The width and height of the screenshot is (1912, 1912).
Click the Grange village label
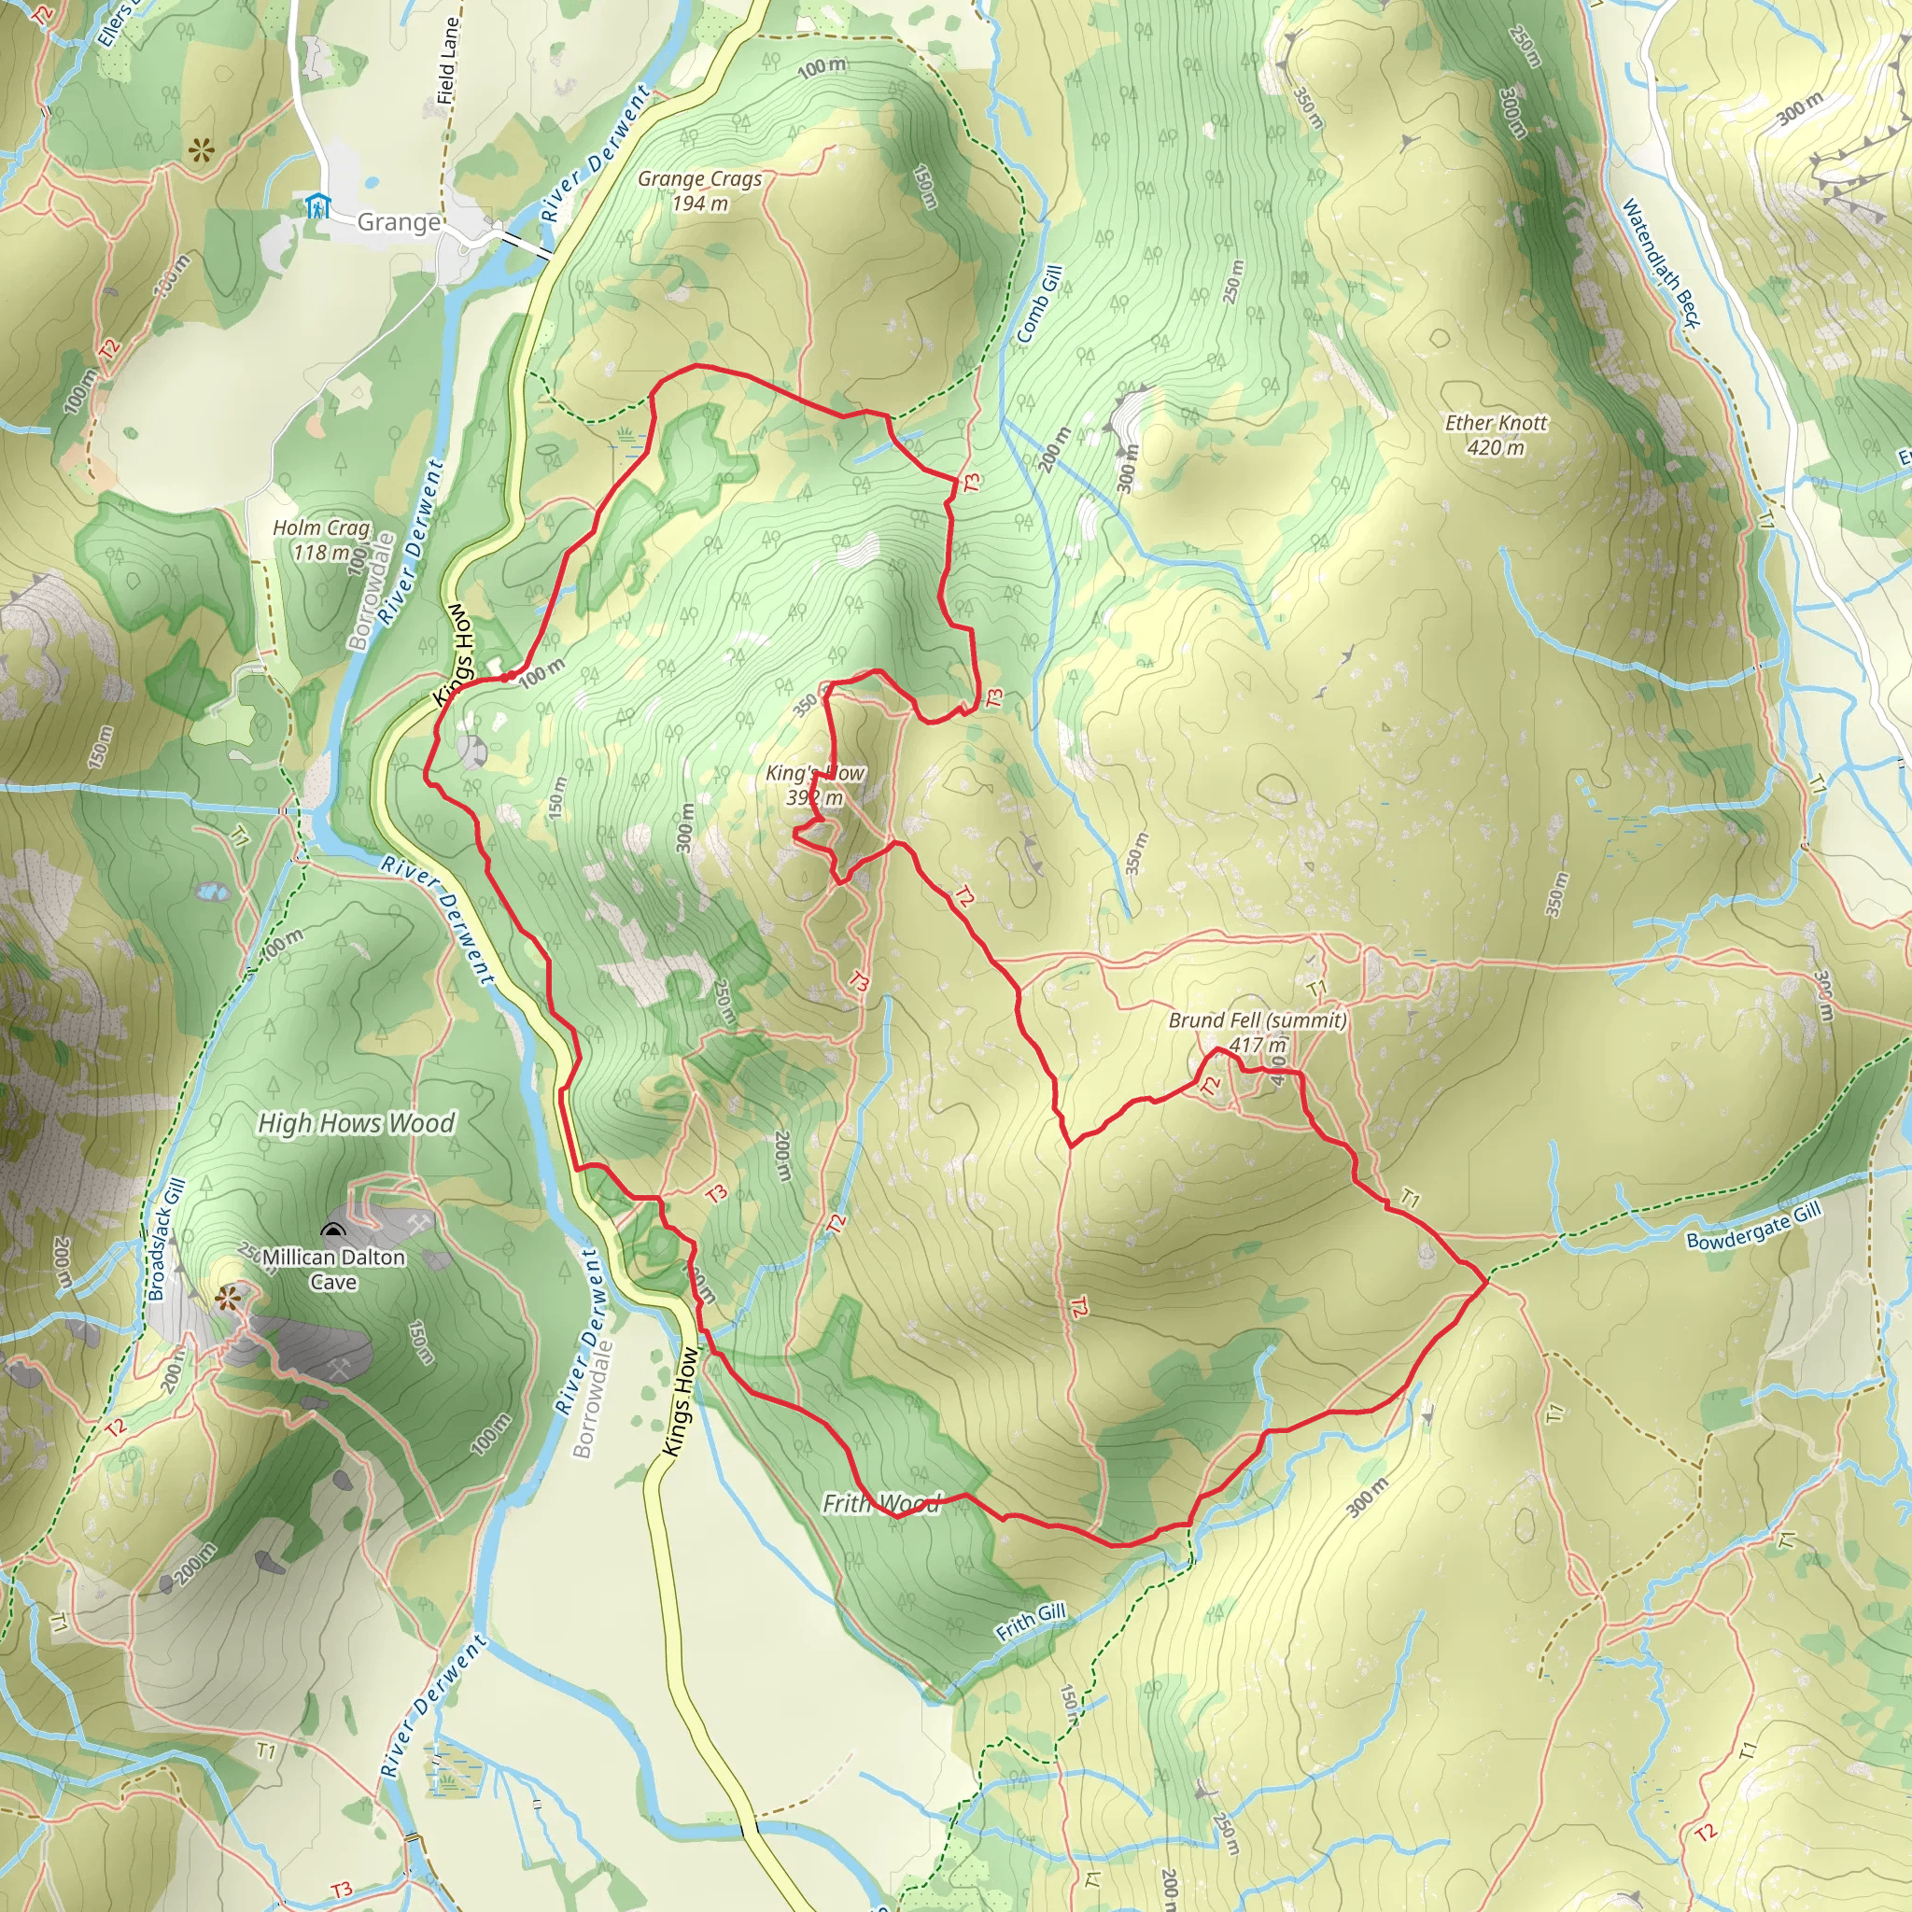click(x=398, y=221)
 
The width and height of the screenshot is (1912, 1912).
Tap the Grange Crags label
click(x=699, y=179)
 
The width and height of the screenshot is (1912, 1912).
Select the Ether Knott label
click(x=1496, y=423)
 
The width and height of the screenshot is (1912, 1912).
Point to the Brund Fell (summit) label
click(x=1257, y=1020)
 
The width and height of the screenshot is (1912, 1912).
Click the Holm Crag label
click(x=322, y=528)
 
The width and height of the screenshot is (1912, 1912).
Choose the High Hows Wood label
click(x=357, y=1123)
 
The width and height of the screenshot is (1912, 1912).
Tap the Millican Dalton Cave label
click(x=333, y=1270)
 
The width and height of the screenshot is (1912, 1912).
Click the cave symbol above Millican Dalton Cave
click(x=332, y=1231)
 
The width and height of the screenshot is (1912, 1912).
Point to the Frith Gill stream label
click(x=1032, y=1622)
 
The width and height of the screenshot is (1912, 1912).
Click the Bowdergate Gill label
click(x=1753, y=1227)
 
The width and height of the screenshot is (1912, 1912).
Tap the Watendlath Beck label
click(x=1660, y=263)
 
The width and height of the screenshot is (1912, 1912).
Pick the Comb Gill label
click(x=1039, y=304)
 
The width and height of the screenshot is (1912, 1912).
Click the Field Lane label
click(x=448, y=62)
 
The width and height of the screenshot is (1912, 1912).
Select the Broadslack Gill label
click(x=166, y=1240)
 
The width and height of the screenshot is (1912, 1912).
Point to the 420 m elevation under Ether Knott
click(x=1496, y=447)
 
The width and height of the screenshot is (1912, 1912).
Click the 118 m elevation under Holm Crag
click(x=322, y=553)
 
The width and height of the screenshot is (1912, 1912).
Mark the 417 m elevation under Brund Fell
click(x=1258, y=1045)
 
